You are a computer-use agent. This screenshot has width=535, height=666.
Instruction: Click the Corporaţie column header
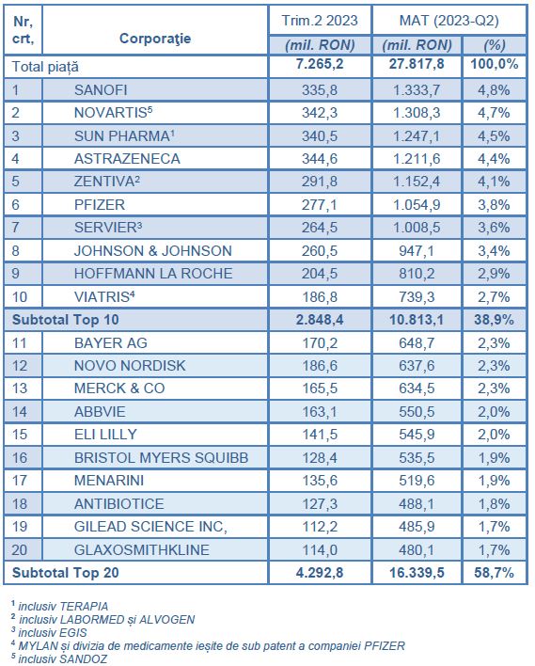(x=155, y=39)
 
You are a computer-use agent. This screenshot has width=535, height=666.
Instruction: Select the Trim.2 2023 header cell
(x=320, y=21)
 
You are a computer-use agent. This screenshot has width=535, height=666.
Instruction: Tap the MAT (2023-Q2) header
(x=448, y=21)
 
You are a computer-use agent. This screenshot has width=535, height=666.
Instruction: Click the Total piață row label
(x=45, y=67)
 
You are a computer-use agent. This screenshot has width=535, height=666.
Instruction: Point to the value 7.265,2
(x=320, y=64)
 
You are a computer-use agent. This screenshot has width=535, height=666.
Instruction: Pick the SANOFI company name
(x=101, y=90)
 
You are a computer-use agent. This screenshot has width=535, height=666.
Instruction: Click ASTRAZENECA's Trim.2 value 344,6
(x=320, y=158)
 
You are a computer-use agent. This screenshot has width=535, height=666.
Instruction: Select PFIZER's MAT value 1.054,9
(x=417, y=205)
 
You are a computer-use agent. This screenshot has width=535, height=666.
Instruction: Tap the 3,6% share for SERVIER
(x=494, y=228)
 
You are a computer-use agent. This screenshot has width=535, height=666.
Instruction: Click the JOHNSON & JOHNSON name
(x=153, y=250)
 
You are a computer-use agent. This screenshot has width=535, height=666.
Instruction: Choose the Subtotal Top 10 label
(x=66, y=320)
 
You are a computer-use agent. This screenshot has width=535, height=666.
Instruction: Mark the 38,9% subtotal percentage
(x=494, y=320)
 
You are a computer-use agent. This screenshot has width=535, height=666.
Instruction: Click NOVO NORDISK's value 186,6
(x=320, y=366)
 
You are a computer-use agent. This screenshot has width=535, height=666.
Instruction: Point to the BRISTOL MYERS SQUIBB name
(x=161, y=457)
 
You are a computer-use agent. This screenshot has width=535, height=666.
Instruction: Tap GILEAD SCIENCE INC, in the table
(x=150, y=527)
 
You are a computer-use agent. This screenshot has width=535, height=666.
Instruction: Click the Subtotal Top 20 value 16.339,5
(x=417, y=573)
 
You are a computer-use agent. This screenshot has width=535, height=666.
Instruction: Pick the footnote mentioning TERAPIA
(x=59, y=606)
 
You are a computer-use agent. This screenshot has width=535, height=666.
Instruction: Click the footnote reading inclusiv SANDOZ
(x=59, y=658)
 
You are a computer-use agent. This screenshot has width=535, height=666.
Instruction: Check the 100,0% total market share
(x=495, y=64)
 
